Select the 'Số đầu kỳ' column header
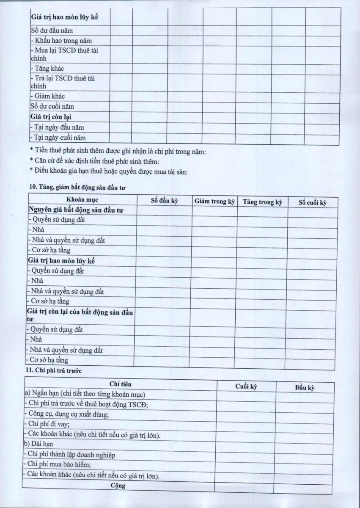click(164, 201)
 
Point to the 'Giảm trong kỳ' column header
click(214, 202)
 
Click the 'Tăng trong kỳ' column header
click(262, 202)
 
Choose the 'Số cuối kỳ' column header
click(313, 202)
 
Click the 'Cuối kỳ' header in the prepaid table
click(246, 386)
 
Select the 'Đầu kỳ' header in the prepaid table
click(305, 387)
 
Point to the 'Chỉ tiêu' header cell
click(120, 384)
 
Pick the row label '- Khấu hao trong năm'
click(61, 41)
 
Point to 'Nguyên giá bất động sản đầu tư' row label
click(76, 210)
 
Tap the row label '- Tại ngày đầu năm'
click(57, 127)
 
